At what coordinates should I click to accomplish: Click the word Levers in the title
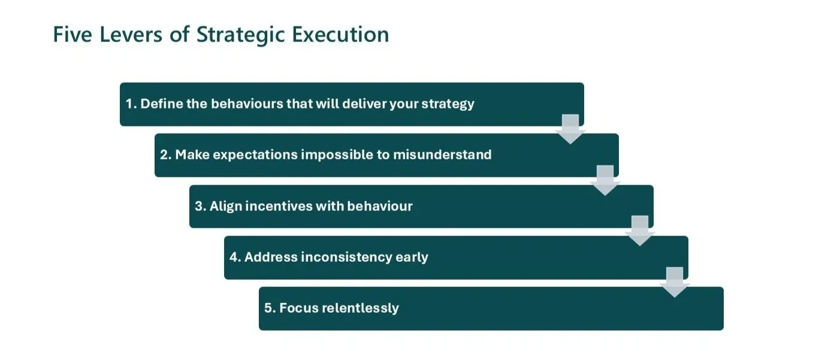click(131, 35)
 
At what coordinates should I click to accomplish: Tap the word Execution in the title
click(340, 35)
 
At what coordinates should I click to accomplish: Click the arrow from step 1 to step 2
click(570, 129)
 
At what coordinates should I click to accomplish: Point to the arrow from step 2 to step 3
click(605, 180)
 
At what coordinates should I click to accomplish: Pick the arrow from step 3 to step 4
click(639, 231)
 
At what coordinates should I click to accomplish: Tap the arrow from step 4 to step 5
click(675, 282)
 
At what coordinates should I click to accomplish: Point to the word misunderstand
click(442, 154)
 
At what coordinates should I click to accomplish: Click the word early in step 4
click(412, 258)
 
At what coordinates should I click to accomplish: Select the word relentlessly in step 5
click(360, 308)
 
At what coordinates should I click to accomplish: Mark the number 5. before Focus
click(270, 308)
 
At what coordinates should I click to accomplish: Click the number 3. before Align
click(200, 206)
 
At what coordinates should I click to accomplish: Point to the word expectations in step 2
click(255, 155)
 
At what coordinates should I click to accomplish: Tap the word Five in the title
click(72, 35)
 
